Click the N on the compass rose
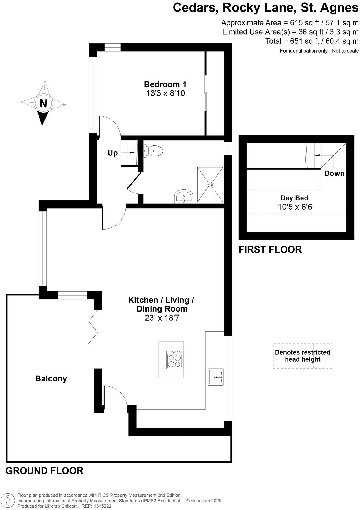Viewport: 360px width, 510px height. [43, 103]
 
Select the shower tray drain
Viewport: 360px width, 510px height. [210, 185]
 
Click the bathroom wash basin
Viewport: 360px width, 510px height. [184, 197]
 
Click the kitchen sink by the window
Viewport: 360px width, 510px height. [215, 377]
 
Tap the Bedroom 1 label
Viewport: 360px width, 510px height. [165, 84]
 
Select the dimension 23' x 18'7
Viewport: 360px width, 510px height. [162, 318]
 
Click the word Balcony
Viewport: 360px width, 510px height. [51, 378]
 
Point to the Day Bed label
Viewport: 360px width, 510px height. [294, 198]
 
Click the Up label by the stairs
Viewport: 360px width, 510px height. [112, 153]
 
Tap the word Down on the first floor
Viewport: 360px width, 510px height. [334, 174]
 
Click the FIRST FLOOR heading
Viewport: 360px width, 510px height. [270, 250]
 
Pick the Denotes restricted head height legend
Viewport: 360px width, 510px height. [302, 356]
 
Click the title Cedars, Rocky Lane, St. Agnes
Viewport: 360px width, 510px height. [265, 7]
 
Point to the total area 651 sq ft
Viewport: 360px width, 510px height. [312, 41]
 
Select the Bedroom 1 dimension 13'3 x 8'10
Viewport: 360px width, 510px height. [165, 93]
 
